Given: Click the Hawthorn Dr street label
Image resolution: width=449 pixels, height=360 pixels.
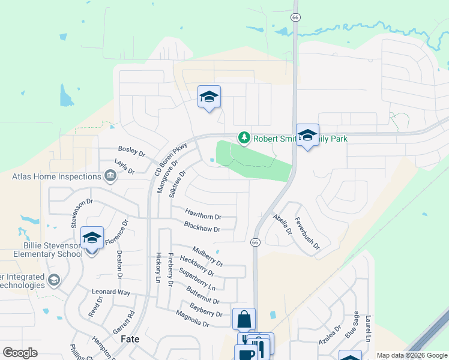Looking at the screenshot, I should point(203,216).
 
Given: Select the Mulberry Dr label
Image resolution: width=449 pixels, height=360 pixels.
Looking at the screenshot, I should point(208,256).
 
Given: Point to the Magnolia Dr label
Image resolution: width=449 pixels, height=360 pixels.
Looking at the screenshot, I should point(192,319).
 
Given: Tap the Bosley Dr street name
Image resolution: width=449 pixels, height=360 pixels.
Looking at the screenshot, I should point(132,152).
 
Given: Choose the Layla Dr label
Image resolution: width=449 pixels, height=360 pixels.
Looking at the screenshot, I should point(124,166).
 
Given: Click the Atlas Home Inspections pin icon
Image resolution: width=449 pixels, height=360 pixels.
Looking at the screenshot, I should point(110,176).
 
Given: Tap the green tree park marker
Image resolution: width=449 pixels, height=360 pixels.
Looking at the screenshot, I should point(244,139).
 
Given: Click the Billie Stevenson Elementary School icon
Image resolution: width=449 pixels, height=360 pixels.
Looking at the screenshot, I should point(92,238).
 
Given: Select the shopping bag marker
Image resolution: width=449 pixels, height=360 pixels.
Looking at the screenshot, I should point(244,319).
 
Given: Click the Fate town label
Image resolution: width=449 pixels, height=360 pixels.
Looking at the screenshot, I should point(130,339).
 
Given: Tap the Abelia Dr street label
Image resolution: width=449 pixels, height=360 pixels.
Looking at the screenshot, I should point(282,224).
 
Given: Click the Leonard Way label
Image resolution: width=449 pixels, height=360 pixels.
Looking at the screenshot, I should point(111,292).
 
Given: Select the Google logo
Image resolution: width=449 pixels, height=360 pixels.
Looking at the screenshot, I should point(20,353).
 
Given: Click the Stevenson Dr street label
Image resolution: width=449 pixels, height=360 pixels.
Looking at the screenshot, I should point(75,213).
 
